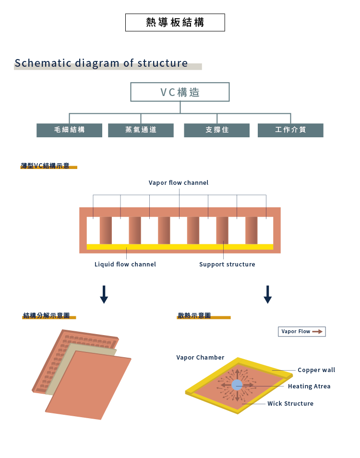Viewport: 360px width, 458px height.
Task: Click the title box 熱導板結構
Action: coord(175,23)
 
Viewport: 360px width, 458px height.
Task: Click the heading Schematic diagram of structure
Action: coord(101,63)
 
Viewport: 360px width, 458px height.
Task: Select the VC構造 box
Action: coord(180,92)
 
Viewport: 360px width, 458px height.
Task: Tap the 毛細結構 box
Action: coord(69,130)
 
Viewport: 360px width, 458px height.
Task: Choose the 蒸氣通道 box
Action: coord(141,130)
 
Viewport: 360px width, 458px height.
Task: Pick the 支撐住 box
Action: coord(217,130)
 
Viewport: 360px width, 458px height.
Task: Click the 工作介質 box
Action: coord(290,130)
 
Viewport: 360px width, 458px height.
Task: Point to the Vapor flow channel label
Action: coord(179,183)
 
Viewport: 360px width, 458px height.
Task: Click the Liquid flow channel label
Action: coord(125,265)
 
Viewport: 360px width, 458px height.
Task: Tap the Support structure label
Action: coord(227,265)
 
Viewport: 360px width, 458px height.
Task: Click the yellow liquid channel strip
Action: coord(180,247)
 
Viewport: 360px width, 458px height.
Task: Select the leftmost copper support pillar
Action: coord(106,230)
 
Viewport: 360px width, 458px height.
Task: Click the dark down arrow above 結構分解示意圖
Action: coord(104,294)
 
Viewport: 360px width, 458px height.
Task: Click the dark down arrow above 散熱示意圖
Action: coord(268,294)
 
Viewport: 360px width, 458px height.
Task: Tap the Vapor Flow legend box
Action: coord(302,332)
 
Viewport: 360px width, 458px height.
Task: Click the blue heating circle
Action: coord(237,385)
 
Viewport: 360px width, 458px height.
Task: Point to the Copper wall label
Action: coord(316,370)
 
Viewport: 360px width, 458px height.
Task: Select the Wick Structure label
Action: coord(290,404)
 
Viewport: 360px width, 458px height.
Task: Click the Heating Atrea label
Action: coord(309,386)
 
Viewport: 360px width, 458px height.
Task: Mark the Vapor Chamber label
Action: coord(200,358)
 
